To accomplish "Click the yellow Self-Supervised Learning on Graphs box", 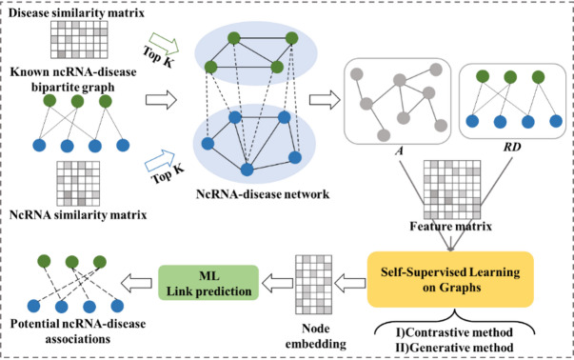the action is [450, 279].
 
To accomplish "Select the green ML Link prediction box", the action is [208, 283].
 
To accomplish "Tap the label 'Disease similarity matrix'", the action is [76, 12].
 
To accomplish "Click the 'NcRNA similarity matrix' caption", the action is [78, 214].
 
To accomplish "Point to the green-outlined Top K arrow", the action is [164, 44].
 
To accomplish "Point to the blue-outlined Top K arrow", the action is [160, 161].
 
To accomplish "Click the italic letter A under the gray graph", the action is [399, 150].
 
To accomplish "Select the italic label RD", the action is [512, 148].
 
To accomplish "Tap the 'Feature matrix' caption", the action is [450, 226].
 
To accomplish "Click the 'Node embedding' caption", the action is [315, 336].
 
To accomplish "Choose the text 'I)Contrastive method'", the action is [454, 332].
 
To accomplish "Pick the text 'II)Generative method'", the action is [454, 348].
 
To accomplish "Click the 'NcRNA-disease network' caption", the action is [263, 193].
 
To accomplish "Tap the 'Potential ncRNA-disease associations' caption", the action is [78, 331].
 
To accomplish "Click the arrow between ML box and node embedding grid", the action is [278, 283].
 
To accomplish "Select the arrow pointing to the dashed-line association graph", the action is [136, 283].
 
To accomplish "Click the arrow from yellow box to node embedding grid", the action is [350, 283].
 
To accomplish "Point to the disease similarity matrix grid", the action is [79, 40].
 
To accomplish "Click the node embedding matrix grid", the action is [314, 285].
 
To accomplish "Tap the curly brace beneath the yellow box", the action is [454, 321].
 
